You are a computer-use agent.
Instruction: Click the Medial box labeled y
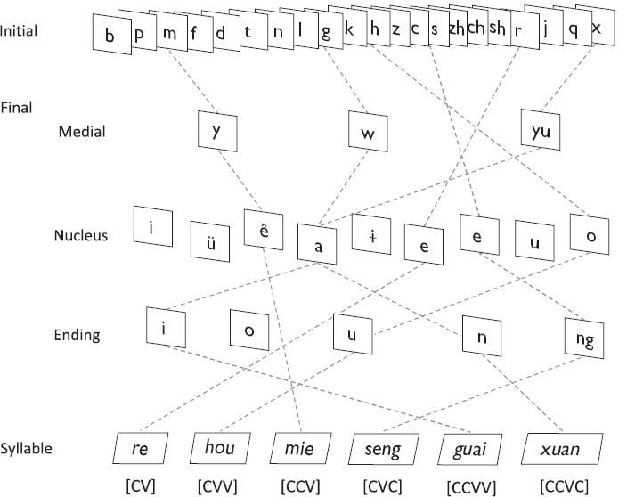coord(216,131)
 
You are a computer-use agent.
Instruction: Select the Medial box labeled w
coord(368,134)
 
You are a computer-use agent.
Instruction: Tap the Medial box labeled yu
coord(541,132)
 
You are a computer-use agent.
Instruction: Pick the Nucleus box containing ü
coord(209,239)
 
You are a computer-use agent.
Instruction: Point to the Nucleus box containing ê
coord(264,230)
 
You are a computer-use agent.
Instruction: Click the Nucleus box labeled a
coord(318,244)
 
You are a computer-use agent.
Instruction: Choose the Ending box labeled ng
coord(585,338)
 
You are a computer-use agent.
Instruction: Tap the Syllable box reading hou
coord(219,448)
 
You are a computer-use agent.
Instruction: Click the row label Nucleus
coord(80,236)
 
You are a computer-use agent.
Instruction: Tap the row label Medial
coord(81,132)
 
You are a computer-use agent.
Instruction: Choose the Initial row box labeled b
coord(110,36)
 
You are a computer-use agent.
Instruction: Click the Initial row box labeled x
coord(597,29)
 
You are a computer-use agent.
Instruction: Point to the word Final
coord(16,108)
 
